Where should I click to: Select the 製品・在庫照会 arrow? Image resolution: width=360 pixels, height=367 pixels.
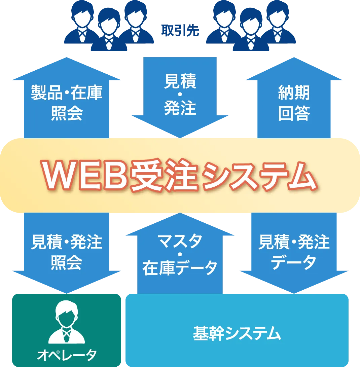click(x=67, y=101)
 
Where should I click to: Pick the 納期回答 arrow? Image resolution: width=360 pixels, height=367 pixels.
click(x=294, y=101)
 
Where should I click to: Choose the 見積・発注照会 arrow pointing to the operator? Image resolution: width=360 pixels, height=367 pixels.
click(x=67, y=252)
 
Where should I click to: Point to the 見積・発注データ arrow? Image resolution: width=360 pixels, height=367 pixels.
click(x=294, y=252)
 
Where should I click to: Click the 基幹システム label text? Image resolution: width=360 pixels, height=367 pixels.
click(x=237, y=334)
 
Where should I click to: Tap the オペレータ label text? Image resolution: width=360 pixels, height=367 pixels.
click(x=67, y=354)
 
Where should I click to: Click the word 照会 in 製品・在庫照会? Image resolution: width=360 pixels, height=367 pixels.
click(x=67, y=114)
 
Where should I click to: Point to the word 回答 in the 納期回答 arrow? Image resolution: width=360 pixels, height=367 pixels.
click(x=294, y=114)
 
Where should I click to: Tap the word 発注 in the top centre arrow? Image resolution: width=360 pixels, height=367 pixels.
click(x=180, y=108)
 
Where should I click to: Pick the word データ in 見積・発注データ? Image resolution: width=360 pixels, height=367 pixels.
click(x=294, y=262)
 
